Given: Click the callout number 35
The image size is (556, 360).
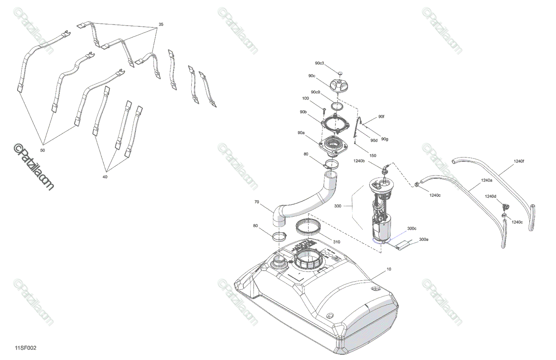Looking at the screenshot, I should (161, 24).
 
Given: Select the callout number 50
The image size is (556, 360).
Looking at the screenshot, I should (43, 151).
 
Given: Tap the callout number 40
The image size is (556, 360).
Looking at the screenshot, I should (105, 177).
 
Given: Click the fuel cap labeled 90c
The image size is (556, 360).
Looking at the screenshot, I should (340, 87).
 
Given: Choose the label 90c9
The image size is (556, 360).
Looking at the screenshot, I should (316, 92).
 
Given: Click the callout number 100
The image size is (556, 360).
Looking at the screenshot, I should (305, 98).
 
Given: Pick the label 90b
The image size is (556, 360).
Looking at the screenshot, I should (303, 112).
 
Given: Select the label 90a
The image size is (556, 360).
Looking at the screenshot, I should (301, 133).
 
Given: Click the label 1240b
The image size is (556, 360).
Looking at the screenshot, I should (360, 161).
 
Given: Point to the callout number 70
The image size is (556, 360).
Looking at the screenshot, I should (258, 202).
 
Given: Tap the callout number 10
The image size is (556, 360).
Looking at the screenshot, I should (388, 269).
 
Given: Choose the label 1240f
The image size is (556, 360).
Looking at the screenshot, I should (518, 161).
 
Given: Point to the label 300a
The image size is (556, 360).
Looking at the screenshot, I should (423, 240).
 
